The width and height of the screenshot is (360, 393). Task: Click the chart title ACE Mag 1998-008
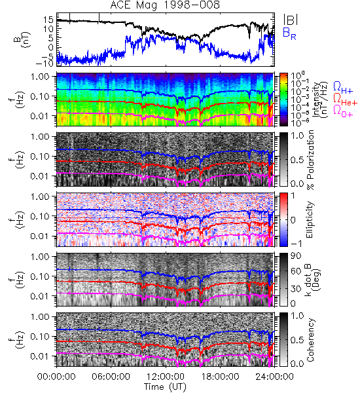pyautogui.click(x=165, y=5)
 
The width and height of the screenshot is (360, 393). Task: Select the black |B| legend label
pyautogui.click(x=290, y=19)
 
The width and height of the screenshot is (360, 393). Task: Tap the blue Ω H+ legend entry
pyautogui.click(x=343, y=88)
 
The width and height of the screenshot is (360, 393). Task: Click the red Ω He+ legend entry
pyautogui.click(x=345, y=99)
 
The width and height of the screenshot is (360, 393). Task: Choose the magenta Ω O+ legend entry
pyautogui.click(x=343, y=111)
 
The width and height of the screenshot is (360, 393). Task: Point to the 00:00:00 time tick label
pyautogui.click(x=56, y=377)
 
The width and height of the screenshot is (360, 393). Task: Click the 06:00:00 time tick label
pyautogui.click(x=111, y=377)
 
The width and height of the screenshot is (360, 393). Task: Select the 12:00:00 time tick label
pyautogui.click(x=166, y=377)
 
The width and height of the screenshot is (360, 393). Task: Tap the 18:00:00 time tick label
pyautogui.click(x=220, y=377)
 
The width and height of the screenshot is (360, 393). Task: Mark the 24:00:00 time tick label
pyautogui.click(x=274, y=377)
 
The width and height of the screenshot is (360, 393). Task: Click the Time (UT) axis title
pyautogui.click(x=165, y=387)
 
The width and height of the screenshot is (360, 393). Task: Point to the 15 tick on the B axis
pyautogui.click(x=48, y=19)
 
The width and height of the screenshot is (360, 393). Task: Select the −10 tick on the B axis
pyautogui.click(x=45, y=63)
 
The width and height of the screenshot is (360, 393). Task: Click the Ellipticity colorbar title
pyautogui.click(x=310, y=219)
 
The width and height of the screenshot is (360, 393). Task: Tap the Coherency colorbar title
pyautogui.click(x=310, y=340)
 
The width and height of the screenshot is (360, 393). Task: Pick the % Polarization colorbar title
pyautogui.click(x=310, y=160)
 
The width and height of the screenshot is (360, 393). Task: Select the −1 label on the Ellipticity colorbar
pyautogui.click(x=296, y=244)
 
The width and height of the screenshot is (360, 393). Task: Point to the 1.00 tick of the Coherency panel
pyautogui.click(x=40, y=316)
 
